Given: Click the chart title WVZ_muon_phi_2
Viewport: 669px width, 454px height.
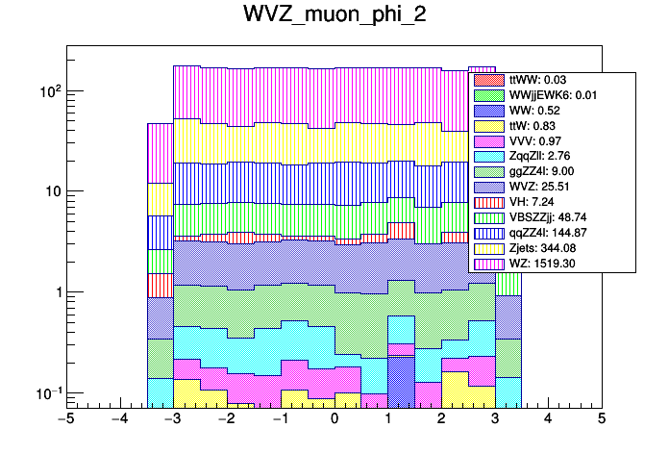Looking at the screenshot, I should click(x=334, y=18).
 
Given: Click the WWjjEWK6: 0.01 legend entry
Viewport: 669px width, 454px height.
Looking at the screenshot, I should click(x=548, y=95).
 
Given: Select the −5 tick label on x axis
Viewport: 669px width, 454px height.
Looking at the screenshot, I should click(x=66, y=419).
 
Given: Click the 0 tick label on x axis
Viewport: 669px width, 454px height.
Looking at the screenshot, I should click(x=334, y=419).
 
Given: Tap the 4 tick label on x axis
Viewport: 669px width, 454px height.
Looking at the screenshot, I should click(x=548, y=419).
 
